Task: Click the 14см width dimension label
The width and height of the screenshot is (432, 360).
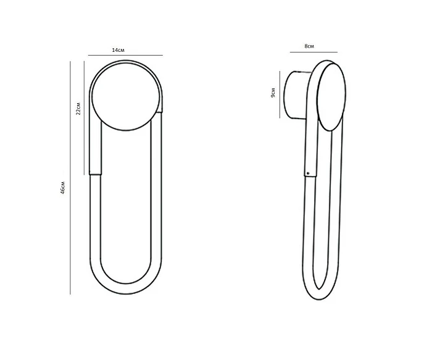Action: click(x=118, y=50)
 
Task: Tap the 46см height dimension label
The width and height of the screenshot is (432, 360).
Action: click(x=63, y=188)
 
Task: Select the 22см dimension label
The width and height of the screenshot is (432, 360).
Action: click(x=78, y=108)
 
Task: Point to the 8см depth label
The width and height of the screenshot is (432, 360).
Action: click(x=309, y=46)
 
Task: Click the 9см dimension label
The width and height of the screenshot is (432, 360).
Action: click(x=273, y=93)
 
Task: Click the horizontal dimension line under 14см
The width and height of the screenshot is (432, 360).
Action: click(x=125, y=55)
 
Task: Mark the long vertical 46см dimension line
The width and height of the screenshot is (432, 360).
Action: click(x=70, y=178)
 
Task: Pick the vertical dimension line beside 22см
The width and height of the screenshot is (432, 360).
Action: click(x=84, y=118)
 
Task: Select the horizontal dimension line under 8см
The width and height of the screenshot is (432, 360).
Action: click(x=314, y=52)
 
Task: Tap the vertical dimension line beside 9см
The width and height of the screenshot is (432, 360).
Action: click(x=280, y=94)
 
